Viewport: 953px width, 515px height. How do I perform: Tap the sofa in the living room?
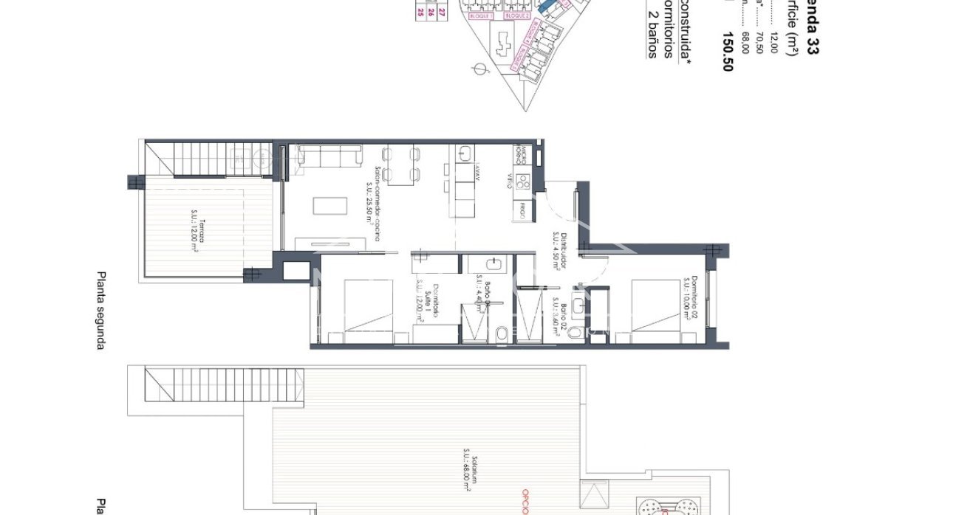[x=329, y=155]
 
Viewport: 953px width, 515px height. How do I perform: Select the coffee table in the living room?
[x=329, y=204]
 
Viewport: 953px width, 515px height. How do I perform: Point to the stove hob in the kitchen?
[x=523, y=179]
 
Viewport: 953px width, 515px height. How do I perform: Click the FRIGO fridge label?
[x=522, y=210]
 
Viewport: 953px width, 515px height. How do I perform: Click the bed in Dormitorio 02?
[x=655, y=310]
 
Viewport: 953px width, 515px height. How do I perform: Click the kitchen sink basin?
[x=465, y=153]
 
